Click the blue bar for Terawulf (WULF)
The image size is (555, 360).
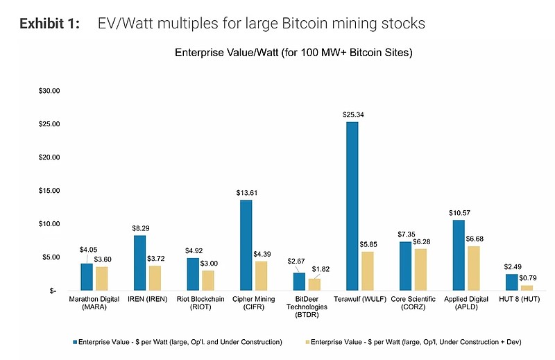point(352,206)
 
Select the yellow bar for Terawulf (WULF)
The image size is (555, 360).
point(368,271)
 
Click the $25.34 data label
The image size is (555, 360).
point(353,114)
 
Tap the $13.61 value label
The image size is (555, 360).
point(246,192)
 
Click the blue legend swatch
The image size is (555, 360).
point(74,342)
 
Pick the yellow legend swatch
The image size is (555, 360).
point(305,342)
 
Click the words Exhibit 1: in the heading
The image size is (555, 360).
point(49,24)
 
